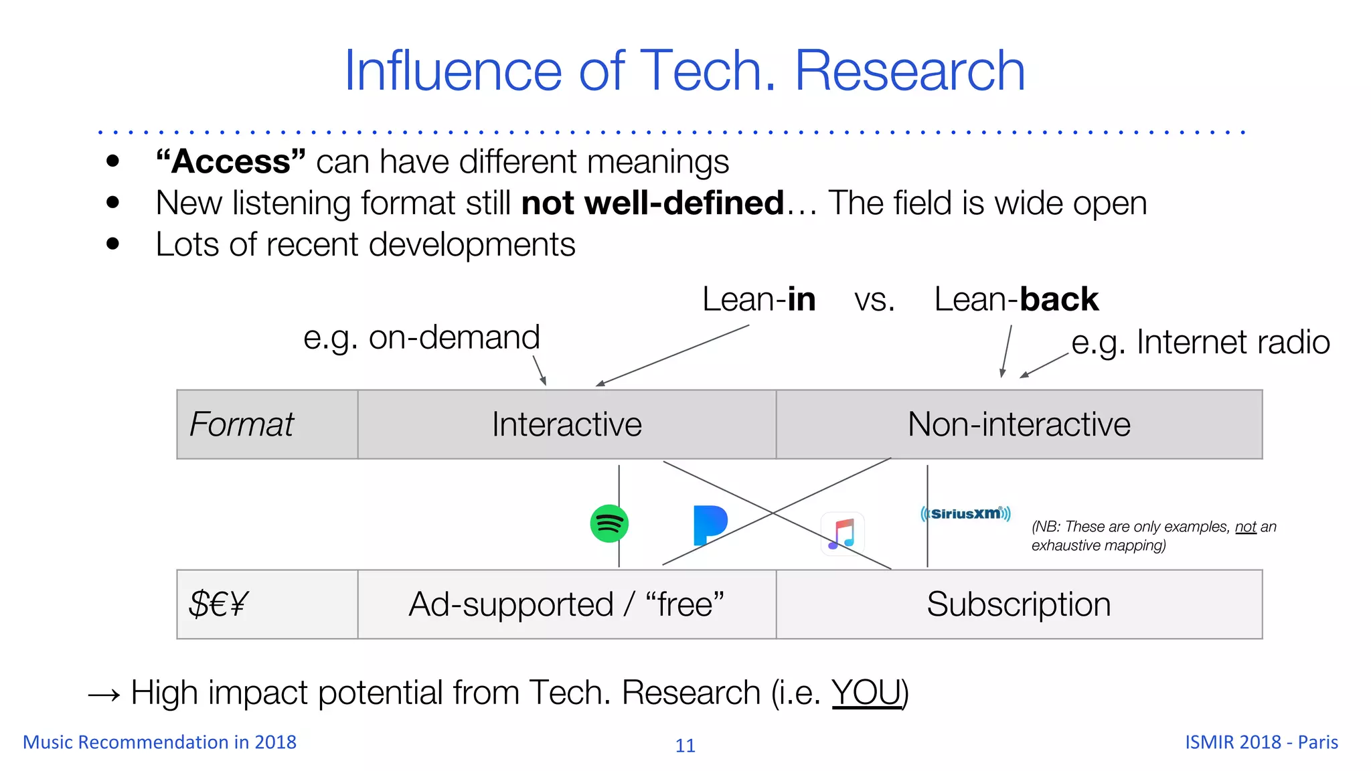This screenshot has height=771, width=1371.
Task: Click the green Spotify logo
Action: [609, 523]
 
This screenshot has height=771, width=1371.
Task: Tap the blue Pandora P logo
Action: [710, 525]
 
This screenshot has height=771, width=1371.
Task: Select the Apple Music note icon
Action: [842, 534]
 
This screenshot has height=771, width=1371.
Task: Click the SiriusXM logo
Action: [965, 514]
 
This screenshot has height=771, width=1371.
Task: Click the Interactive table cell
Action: [566, 424]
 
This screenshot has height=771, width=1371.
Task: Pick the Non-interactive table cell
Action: [1019, 424]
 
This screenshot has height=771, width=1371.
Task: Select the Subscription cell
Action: [1019, 604]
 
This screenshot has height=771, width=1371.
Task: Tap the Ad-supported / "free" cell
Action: [566, 604]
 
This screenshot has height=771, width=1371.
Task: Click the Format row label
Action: [242, 424]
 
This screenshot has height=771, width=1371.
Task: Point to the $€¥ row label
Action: [218, 604]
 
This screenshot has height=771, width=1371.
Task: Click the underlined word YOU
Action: [867, 693]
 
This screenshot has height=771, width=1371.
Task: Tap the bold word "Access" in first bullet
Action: [231, 162]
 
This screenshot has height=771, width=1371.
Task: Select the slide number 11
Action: [685, 746]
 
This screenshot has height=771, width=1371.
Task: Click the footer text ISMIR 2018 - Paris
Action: [1261, 742]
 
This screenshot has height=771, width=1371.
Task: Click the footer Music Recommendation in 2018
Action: [159, 742]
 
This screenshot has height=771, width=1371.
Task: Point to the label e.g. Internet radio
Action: [1200, 343]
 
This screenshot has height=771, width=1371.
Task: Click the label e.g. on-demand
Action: [421, 337]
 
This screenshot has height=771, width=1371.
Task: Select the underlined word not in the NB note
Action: [1245, 527]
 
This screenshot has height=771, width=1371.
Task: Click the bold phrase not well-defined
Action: [653, 203]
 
